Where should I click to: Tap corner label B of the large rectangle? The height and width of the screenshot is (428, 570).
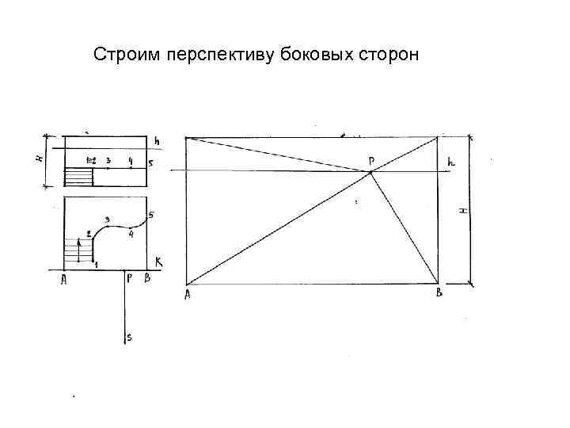click(439, 293)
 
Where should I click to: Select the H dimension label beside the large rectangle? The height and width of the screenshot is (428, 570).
click(463, 210)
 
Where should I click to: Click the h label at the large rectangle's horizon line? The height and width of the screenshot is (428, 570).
click(451, 162)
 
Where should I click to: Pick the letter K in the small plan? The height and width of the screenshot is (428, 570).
click(158, 261)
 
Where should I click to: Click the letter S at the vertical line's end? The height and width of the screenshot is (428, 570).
click(130, 338)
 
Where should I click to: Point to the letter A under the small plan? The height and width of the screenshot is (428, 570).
click(64, 279)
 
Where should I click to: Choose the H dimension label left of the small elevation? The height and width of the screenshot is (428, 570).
click(40, 158)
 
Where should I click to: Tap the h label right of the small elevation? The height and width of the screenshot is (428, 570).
click(157, 142)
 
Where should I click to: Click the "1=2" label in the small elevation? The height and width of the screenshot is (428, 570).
click(91, 161)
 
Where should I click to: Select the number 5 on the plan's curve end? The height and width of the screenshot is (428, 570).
click(150, 215)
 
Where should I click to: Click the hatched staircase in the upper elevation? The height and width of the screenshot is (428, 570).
click(78, 177)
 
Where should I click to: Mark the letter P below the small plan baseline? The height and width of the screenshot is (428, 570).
click(130, 279)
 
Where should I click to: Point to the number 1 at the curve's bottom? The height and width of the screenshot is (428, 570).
click(96, 265)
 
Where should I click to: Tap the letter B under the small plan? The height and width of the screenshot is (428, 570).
click(146, 279)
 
